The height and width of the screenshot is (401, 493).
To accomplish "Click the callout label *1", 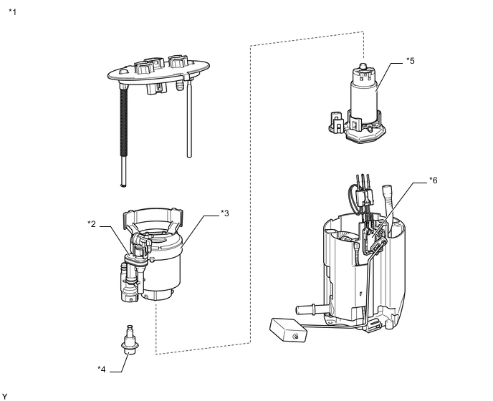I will (13, 12).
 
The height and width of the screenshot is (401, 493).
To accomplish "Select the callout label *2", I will (92, 224).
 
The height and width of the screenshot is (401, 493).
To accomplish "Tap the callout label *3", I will (224, 213).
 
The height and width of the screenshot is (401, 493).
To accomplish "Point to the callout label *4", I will (102, 369).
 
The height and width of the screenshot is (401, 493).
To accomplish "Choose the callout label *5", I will (410, 61).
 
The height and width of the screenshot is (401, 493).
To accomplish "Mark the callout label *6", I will (433, 180).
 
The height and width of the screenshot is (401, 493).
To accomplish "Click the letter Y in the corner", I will (5, 395).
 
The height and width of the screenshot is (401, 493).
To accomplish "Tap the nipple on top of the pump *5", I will (363, 66).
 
